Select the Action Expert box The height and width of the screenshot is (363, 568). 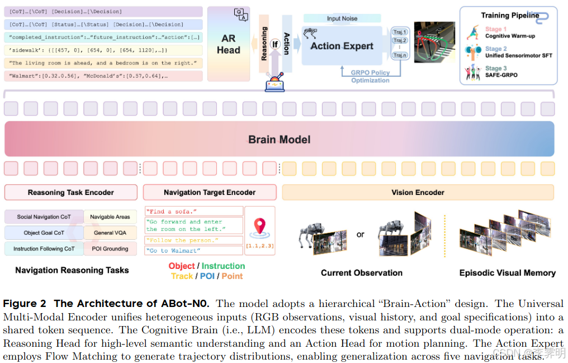click(x=342, y=46)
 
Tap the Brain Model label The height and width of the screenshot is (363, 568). click(x=279, y=139)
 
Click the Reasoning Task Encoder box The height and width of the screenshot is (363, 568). click(x=71, y=193)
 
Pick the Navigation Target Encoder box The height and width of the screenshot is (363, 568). click(x=210, y=193)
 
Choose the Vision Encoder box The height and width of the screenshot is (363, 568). click(x=418, y=193)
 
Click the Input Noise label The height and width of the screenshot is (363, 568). click(x=342, y=18)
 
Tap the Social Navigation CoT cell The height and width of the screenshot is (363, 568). click(x=44, y=217)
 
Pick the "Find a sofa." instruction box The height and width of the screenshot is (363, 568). click(x=194, y=211)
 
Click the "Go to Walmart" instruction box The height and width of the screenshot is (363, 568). click(x=194, y=250)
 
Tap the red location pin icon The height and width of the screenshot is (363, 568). click(x=259, y=226)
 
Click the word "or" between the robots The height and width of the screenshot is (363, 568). click(x=361, y=234)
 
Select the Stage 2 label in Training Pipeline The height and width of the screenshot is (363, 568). click(x=496, y=49)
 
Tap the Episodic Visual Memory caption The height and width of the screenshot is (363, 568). click(x=507, y=273)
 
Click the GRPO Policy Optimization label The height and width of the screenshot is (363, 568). click(x=370, y=77)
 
